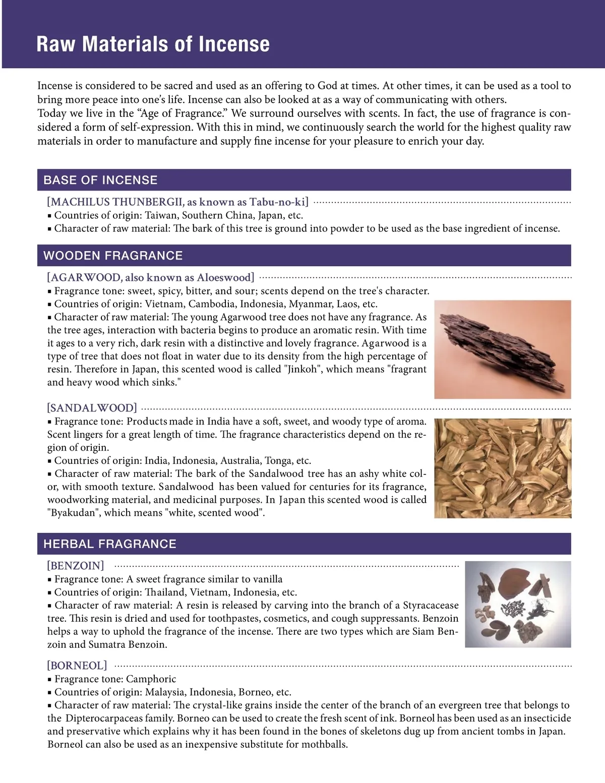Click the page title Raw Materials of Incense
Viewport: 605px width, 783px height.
coord(153,44)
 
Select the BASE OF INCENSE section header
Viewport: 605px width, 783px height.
coord(100,180)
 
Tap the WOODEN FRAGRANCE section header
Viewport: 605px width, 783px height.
coord(113,256)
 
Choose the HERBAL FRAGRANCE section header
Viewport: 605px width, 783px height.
coord(110,544)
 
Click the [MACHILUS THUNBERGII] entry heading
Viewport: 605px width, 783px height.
coord(177,202)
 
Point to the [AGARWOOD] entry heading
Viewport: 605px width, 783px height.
coord(151,277)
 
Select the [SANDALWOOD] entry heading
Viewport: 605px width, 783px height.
coord(92,408)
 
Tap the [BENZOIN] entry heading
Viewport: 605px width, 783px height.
coord(76,565)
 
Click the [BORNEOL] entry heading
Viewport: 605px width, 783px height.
coord(77,666)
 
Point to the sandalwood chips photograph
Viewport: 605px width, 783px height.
coord(502,468)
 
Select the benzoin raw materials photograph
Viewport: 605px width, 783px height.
coord(518,604)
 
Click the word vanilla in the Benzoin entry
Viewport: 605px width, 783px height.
coord(266,579)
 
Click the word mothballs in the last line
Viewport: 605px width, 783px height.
coord(324,744)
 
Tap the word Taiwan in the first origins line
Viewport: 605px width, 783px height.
coord(161,215)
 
